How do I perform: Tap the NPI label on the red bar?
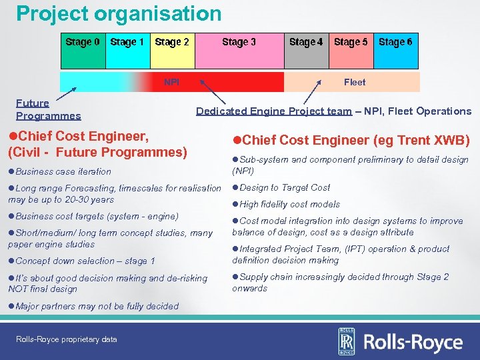pos(172,82)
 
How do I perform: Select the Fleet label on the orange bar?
pos(355,82)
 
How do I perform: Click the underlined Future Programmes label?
pos(48,109)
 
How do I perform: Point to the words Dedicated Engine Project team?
pos(273,111)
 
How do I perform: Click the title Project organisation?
pos(119,13)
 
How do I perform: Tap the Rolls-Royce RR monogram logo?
pos(347,341)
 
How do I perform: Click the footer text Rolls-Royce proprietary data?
pos(67,339)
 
